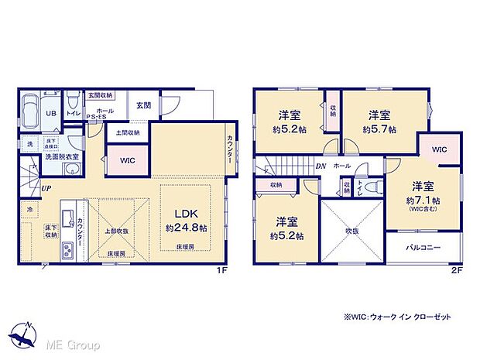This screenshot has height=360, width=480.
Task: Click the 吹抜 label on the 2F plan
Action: click(352, 231)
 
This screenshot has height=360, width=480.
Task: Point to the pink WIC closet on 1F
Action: click(129, 161)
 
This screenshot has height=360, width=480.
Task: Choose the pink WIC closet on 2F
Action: click(439, 149)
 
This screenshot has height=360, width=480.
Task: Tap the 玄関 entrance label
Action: click(143, 106)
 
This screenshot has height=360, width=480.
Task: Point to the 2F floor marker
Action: click(457, 270)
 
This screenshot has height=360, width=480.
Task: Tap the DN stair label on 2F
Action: click(321, 166)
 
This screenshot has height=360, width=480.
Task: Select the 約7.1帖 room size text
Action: click(422, 198)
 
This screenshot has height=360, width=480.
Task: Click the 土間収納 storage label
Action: click(127, 132)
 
